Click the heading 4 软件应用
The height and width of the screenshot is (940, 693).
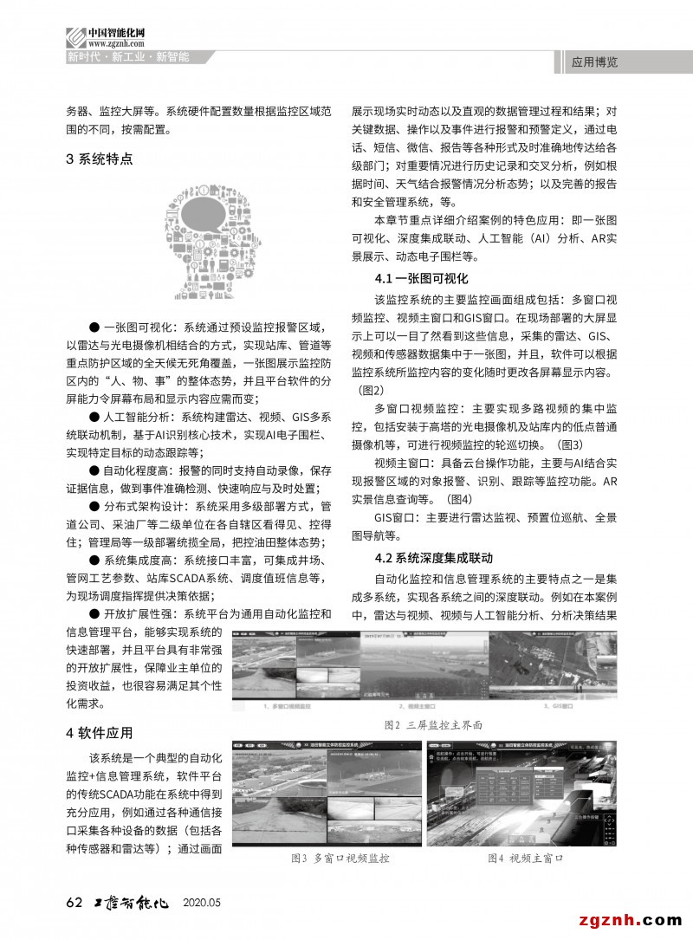pyautogui.click(x=100, y=733)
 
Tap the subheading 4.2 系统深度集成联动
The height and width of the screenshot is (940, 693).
pyautogui.click(x=434, y=556)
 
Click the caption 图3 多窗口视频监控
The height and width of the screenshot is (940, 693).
pyautogui.click(x=340, y=859)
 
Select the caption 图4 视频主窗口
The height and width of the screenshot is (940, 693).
pyautogui.click(x=525, y=859)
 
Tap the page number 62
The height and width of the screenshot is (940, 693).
pyautogui.click(x=74, y=902)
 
